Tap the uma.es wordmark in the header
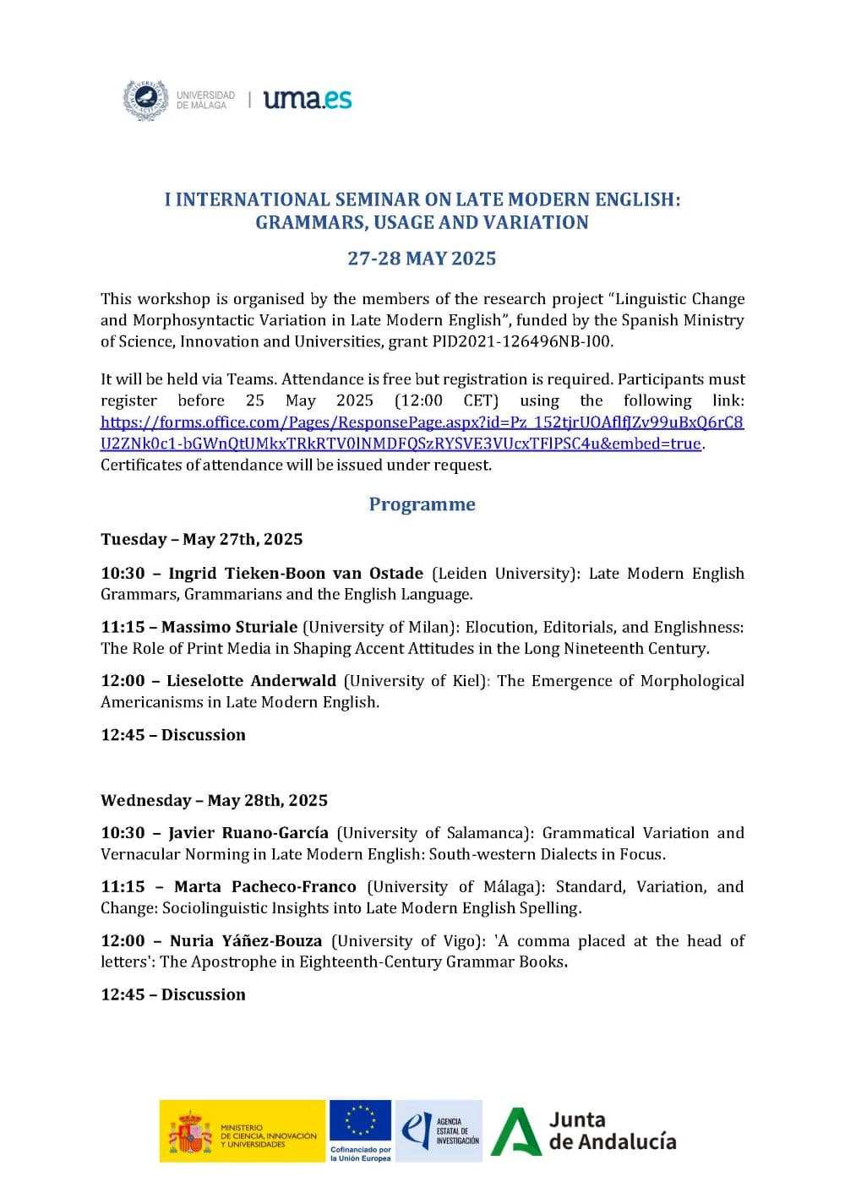308,100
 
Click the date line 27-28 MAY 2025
422,259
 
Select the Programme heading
422,504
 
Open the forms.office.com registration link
422,433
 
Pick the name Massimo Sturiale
229,627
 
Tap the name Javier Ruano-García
248,833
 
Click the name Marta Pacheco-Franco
264,887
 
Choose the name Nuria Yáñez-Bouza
245,941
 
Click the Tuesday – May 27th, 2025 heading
201,539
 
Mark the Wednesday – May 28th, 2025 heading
214,800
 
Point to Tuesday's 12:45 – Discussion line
173,735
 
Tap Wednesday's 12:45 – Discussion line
173,994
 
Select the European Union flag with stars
360,1121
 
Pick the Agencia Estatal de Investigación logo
439,1130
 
